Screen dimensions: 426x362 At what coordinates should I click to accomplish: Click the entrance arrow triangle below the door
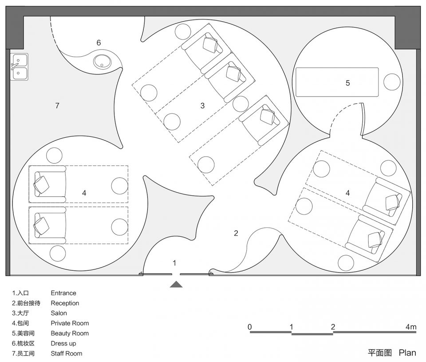[176, 284]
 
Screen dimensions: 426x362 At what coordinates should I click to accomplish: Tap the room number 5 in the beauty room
[347, 83]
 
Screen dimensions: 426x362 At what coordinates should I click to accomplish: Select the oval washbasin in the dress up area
[102, 62]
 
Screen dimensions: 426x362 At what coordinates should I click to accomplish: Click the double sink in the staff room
[19, 67]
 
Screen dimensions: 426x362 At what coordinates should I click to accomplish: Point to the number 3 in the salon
[202, 105]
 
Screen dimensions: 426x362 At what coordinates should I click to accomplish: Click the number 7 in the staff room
[57, 105]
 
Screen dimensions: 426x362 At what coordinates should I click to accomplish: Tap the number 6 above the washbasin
[99, 43]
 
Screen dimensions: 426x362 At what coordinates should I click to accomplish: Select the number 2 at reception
[236, 233]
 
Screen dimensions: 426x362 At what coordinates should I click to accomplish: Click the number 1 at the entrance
[174, 263]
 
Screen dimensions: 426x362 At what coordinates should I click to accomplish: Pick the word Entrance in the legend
[63, 293]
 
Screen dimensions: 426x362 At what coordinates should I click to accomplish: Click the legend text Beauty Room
[70, 333]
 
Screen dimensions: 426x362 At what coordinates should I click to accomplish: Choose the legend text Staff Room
[66, 353]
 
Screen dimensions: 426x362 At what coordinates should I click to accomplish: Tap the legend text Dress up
[63, 343]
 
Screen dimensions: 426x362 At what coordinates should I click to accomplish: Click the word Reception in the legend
[65, 303]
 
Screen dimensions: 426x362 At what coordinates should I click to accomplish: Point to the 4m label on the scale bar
[411, 327]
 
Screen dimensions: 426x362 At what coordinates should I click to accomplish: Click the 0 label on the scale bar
[250, 327]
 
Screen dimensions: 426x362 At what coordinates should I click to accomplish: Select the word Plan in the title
[407, 353]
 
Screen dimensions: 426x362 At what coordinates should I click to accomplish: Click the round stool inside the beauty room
[392, 82]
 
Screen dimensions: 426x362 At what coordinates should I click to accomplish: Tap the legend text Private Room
[70, 323]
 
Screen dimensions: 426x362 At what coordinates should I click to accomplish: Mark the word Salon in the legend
[59, 313]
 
